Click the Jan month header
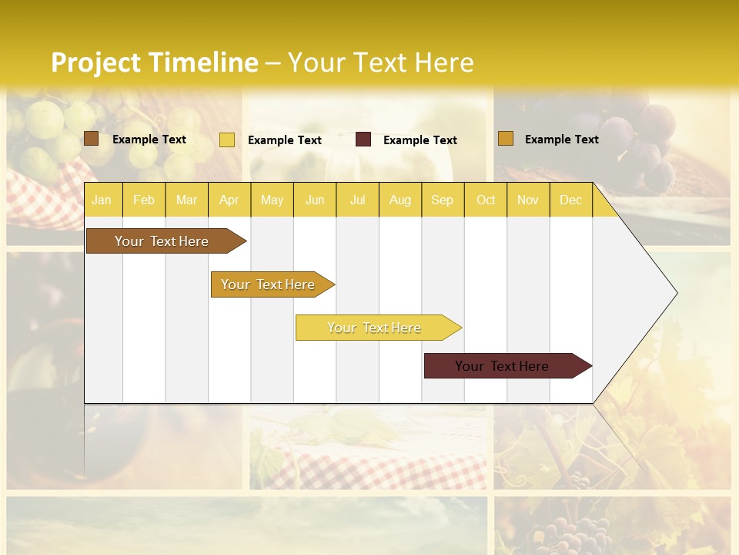(x=102, y=200)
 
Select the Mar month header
(x=186, y=200)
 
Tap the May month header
(x=272, y=200)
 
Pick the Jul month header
(x=357, y=200)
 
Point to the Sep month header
(x=442, y=200)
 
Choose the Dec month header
(x=570, y=200)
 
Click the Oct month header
(x=486, y=200)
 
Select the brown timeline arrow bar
(x=162, y=241)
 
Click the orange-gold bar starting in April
(x=269, y=284)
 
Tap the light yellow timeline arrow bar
(x=375, y=328)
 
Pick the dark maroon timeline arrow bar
(x=503, y=366)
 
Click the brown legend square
(x=91, y=139)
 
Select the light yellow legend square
(x=227, y=140)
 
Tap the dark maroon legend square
(x=363, y=140)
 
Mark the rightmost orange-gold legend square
(x=505, y=139)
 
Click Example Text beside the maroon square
(x=420, y=140)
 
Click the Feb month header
(x=144, y=200)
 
